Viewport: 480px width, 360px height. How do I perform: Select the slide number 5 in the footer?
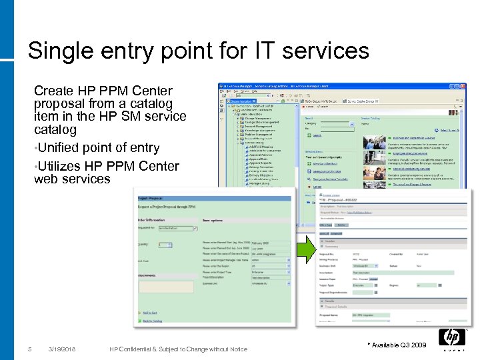[x=29, y=349]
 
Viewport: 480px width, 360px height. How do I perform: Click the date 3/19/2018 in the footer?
[x=62, y=349]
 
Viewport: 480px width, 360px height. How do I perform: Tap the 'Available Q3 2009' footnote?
[x=398, y=345]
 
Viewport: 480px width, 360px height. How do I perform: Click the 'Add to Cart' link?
[x=150, y=312]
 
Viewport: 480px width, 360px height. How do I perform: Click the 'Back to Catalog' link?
[x=152, y=321]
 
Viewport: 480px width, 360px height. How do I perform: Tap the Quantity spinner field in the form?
[x=164, y=245]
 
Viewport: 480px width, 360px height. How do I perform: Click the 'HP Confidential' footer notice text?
[x=178, y=349]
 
